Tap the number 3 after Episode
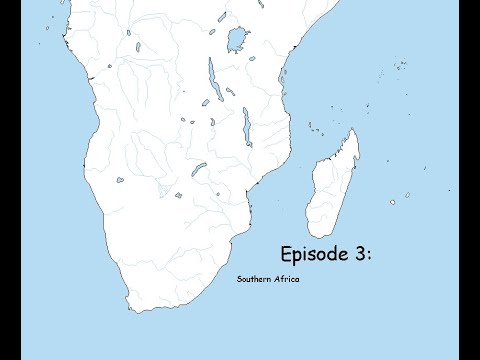(359, 253)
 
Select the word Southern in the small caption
(255, 279)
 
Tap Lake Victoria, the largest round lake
(236, 40)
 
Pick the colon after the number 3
(370, 256)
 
